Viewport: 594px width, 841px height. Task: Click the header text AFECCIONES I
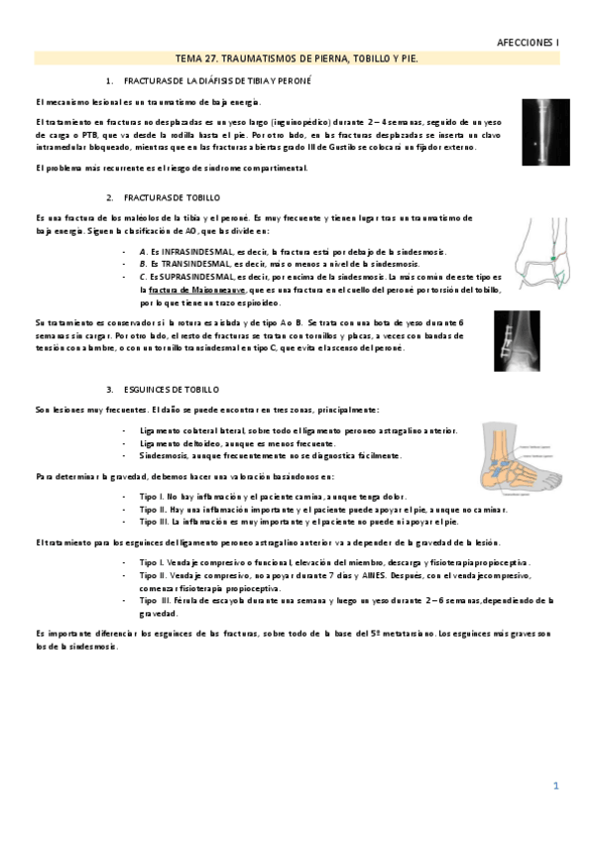point(529,44)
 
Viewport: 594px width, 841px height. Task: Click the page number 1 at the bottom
point(556,786)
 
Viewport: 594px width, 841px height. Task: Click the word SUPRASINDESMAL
point(188,278)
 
